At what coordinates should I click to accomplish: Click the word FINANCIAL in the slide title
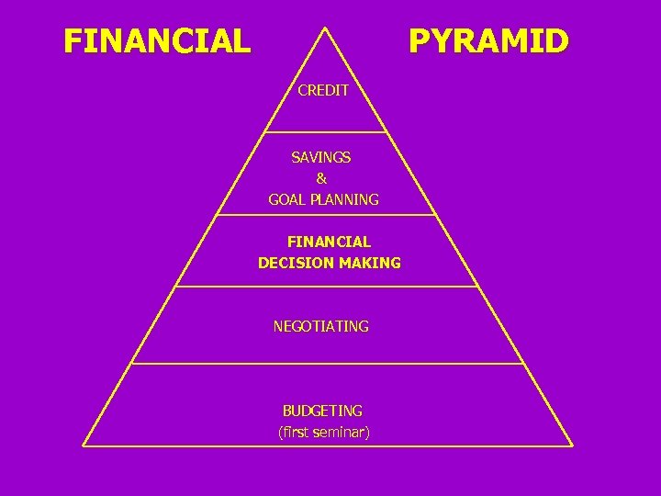pyautogui.click(x=157, y=41)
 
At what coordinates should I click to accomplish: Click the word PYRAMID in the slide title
pyautogui.click(x=488, y=41)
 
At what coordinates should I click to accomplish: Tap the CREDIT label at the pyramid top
pyautogui.click(x=323, y=91)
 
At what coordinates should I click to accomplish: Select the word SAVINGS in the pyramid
pyautogui.click(x=321, y=157)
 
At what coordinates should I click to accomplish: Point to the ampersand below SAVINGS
pyautogui.click(x=321, y=178)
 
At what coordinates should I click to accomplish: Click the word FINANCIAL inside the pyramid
pyautogui.click(x=329, y=242)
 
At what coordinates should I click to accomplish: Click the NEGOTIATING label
pyautogui.click(x=321, y=326)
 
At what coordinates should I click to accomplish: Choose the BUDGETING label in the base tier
pyautogui.click(x=322, y=411)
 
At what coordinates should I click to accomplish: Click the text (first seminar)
pyautogui.click(x=323, y=432)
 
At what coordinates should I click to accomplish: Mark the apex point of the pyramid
pyautogui.click(x=326, y=28)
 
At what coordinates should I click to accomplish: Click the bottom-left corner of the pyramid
pyautogui.click(x=84, y=445)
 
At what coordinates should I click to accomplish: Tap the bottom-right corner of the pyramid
pyautogui.click(x=571, y=445)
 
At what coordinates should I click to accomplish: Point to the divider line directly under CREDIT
pyautogui.click(x=326, y=132)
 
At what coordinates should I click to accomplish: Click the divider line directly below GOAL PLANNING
pyautogui.click(x=326, y=216)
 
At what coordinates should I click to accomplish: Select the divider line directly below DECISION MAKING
pyautogui.click(x=326, y=287)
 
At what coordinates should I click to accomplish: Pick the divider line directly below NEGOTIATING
pyautogui.click(x=326, y=364)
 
